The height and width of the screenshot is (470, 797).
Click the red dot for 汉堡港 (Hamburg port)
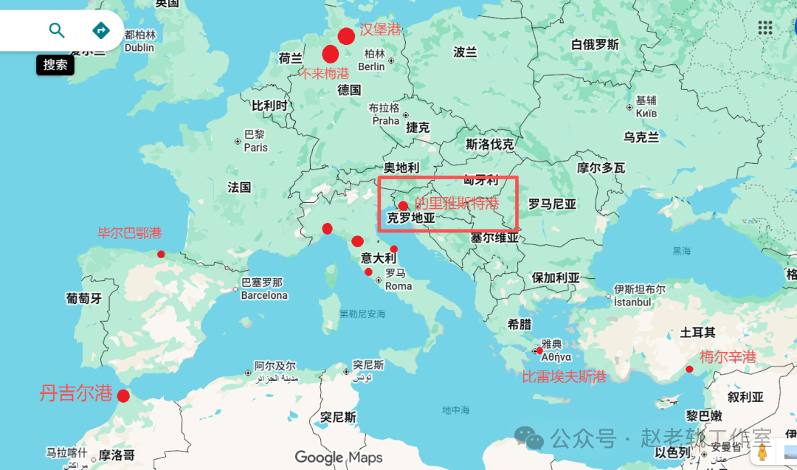pos(346,35)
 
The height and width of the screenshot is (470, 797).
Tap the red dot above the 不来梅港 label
pos(331,54)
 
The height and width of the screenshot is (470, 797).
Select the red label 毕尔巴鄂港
pos(129,233)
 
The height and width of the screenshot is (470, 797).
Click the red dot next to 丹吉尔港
pos(123,396)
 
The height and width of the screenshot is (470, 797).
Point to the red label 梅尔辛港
pos(728,357)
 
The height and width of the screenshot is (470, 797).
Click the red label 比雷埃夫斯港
pos(564,376)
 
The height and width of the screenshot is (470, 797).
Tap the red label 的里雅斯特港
pos(457,203)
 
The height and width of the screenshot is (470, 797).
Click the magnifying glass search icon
pos(57,30)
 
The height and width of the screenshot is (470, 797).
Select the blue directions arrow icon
pos(100,30)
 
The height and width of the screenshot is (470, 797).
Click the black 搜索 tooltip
pos(55,65)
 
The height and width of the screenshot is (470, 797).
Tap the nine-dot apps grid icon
pos(765,28)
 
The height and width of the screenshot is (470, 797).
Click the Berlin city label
pos(372,61)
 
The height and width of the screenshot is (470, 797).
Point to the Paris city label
pos(255,141)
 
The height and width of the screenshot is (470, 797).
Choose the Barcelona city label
pos(264,289)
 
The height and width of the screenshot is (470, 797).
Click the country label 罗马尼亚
pos(551,204)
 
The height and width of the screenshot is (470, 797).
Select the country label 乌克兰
pos(641,137)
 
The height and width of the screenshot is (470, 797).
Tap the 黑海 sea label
pos(681,252)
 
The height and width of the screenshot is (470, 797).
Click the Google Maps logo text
pos(339,457)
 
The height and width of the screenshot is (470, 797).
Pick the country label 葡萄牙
pos(83,299)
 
